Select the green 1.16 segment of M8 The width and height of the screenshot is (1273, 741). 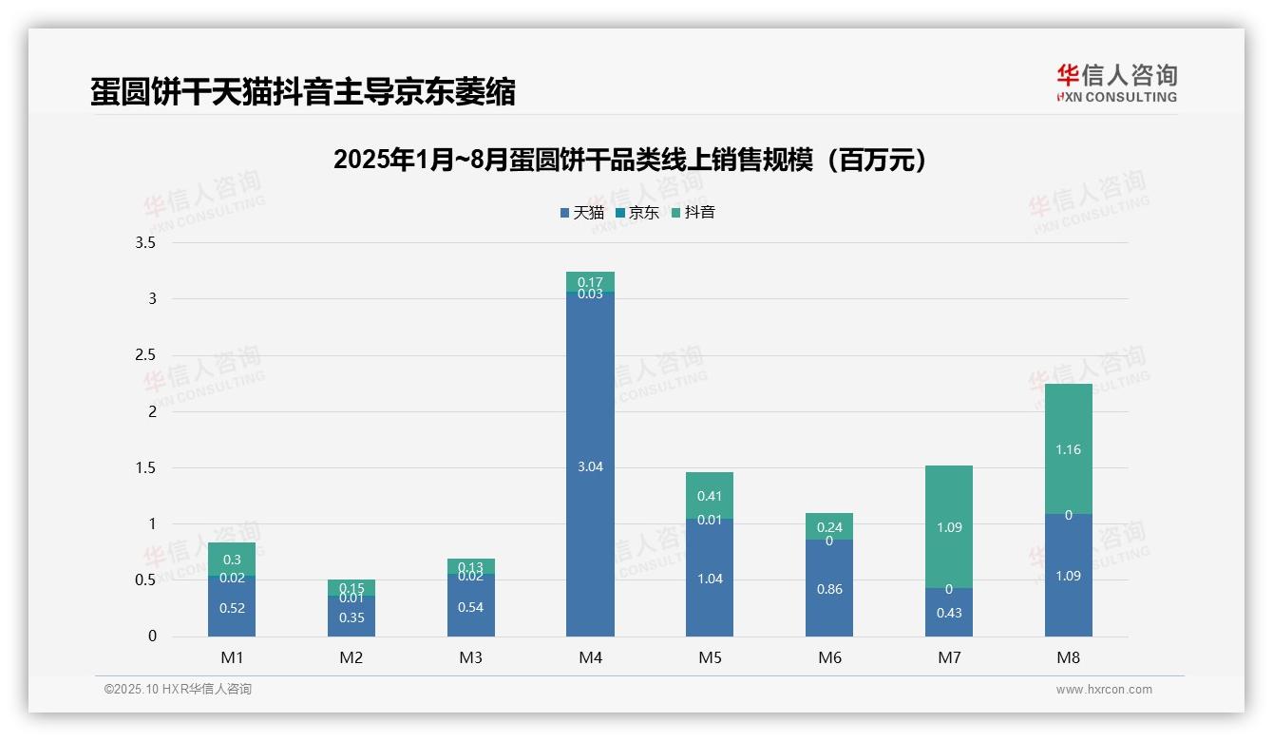[1068, 449]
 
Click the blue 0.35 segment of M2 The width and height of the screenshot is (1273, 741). [351, 617]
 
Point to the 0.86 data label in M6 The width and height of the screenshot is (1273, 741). [829, 589]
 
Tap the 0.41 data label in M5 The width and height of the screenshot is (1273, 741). [710, 496]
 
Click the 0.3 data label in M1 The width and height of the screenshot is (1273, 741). [232, 560]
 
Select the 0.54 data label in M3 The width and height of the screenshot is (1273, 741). [471, 607]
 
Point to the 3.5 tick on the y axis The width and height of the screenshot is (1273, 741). [145, 243]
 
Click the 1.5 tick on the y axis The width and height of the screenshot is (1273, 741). [145, 467]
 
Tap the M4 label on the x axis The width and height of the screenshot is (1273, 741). [590, 657]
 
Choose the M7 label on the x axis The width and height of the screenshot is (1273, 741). [948, 657]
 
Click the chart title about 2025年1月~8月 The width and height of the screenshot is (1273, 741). [630, 161]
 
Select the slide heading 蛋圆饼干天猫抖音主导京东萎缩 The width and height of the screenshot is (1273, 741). [303, 92]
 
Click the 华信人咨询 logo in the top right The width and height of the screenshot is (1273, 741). [1116, 83]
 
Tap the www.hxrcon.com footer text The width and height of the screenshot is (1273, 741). [1104, 690]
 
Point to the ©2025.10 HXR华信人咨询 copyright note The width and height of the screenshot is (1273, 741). [178, 690]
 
